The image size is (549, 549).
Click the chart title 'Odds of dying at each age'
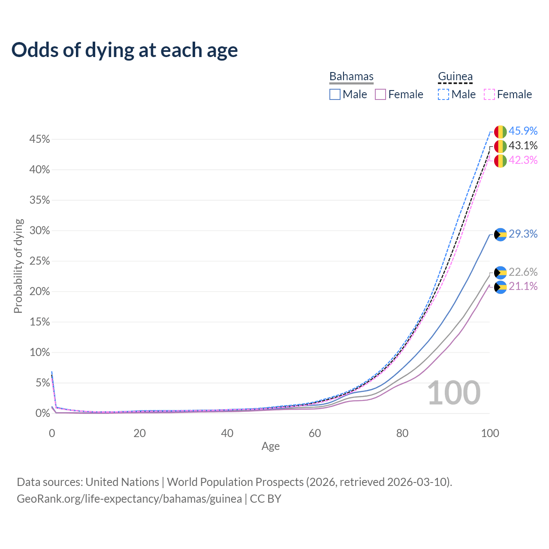[124, 50]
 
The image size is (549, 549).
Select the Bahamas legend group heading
[351, 76]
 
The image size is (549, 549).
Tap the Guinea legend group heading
[455, 76]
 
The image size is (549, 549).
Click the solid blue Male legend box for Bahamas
[335, 94]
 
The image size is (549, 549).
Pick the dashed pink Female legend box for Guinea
[489, 94]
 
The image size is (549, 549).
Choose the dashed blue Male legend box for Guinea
[443, 94]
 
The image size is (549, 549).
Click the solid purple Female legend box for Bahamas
[380, 94]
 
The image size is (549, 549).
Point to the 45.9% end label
[523, 131]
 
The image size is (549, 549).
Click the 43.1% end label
[523, 145]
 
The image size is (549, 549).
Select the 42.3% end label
[523, 160]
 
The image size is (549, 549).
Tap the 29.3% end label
[523, 234]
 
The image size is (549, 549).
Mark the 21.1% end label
[523, 287]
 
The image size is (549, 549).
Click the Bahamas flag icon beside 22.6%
[500, 273]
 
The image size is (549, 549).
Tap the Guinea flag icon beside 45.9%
[500, 132]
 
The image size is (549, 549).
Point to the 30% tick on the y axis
[39, 230]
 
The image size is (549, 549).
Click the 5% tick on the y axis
[43, 383]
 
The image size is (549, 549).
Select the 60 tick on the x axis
[315, 433]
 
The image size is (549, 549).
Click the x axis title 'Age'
[270, 446]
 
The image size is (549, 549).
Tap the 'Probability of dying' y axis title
[18, 266]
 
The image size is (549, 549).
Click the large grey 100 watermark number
[454, 393]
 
